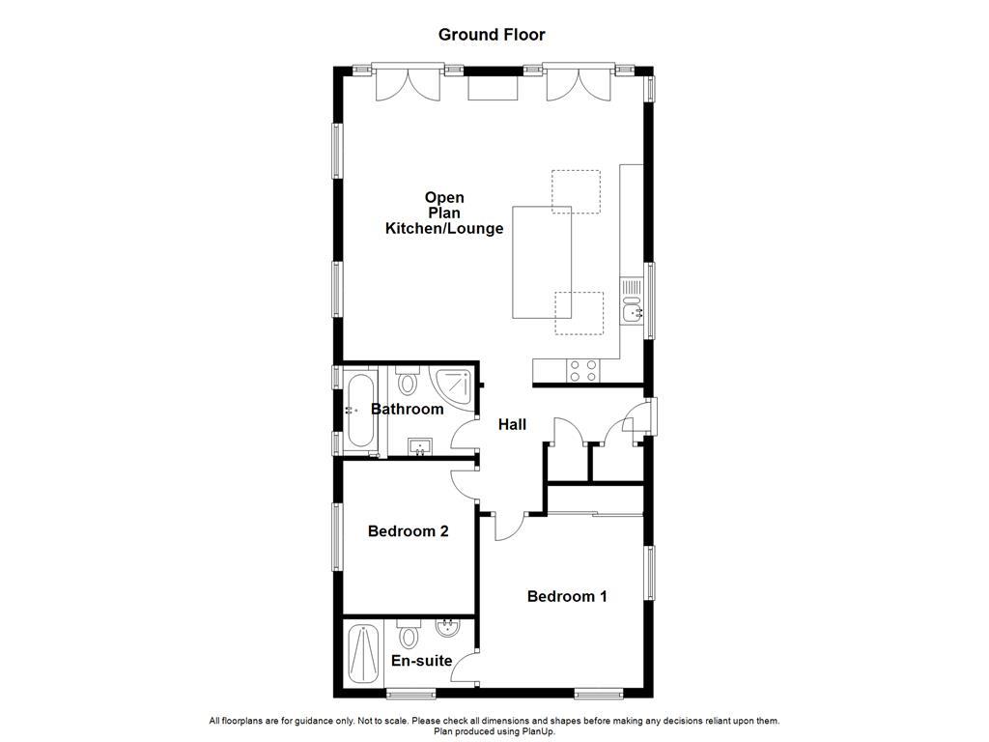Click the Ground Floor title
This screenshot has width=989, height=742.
[492, 35]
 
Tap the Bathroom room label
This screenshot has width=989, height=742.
[408, 409]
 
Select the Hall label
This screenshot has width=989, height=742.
[512, 424]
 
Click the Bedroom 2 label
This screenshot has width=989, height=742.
[408, 530]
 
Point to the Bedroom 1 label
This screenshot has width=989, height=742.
[567, 596]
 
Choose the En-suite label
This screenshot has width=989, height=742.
[421, 661]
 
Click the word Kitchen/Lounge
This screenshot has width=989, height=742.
[444, 229]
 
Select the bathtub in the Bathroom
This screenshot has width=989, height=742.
[359, 410]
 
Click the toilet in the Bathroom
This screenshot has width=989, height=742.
[407, 382]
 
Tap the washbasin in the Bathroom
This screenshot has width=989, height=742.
[420, 446]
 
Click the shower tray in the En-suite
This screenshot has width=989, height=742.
[364, 656]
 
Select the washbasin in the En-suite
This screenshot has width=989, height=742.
[448, 631]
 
